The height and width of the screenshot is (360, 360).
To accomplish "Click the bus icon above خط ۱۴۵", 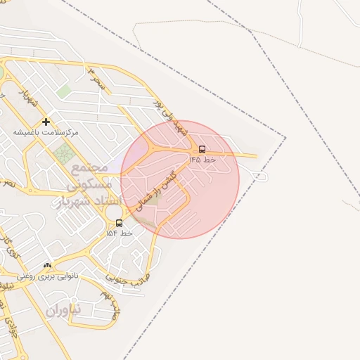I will click(202, 149).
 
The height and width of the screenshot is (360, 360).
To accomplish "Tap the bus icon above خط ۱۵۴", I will click(118, 223).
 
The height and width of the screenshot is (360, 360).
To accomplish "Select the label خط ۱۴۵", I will click(202, 160).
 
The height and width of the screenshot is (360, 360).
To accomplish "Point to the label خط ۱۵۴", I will click(119, 233).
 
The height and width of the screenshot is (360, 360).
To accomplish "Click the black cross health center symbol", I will click(46, 122).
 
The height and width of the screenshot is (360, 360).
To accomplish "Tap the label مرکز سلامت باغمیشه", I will click(46, 132).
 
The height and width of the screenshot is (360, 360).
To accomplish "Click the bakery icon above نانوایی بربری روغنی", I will click(47, 266).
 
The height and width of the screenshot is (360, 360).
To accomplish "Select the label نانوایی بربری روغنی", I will click(47, 276).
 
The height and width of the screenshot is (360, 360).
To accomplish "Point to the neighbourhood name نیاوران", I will click(64, 309).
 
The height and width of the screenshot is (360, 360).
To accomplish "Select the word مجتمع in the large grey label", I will click(89, 168).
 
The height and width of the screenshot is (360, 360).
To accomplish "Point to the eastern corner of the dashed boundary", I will click(285, 137).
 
